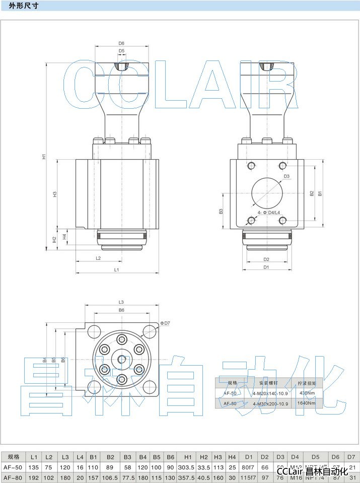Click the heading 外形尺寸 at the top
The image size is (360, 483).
pyautogui.click(x=23, y=6)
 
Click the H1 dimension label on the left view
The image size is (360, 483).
pyautogui.click(x=44, y=157)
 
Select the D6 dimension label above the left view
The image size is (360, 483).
pyautogui.click(x=121, y=43)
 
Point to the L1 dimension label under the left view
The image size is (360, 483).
pyautogui.click(x=116, y=270)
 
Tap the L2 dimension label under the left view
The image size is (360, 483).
pyautogui.click(x=98, y=258)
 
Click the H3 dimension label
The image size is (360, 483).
pyautogui.click(x=55, y=194)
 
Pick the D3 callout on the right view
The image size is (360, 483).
pyautogui.click(x=286, y=176)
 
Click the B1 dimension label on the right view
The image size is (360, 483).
pyautogui.click(x=320, y=193)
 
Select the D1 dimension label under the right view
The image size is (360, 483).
pyautogui.click(x=266, y=267)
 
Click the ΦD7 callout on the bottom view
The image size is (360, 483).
pyautogui.click(x=165, y=322)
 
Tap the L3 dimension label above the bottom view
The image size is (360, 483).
pyautogui.click(x=121, y=302)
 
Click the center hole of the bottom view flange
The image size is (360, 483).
pyautogui.click(x=121, y=359)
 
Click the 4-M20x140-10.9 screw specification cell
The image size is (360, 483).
pyautogui.click(x=270, y=393)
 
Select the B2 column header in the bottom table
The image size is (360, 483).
pyautogui.click(x=110, y=457)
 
